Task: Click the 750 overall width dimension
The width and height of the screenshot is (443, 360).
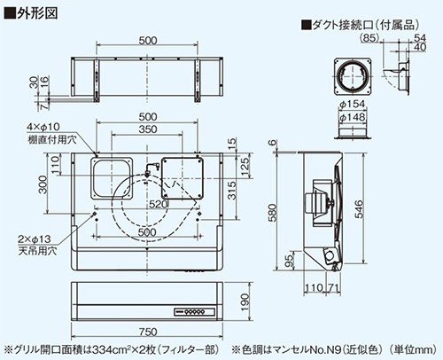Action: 148,332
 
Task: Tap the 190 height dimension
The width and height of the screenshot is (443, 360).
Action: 244,302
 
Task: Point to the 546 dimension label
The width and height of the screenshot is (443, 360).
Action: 359,209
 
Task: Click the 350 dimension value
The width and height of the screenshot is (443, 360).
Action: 147,129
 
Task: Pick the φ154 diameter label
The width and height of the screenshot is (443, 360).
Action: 352,104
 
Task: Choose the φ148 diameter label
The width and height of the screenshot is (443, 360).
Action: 352,117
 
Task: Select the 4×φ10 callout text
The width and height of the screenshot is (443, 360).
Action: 43,127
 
